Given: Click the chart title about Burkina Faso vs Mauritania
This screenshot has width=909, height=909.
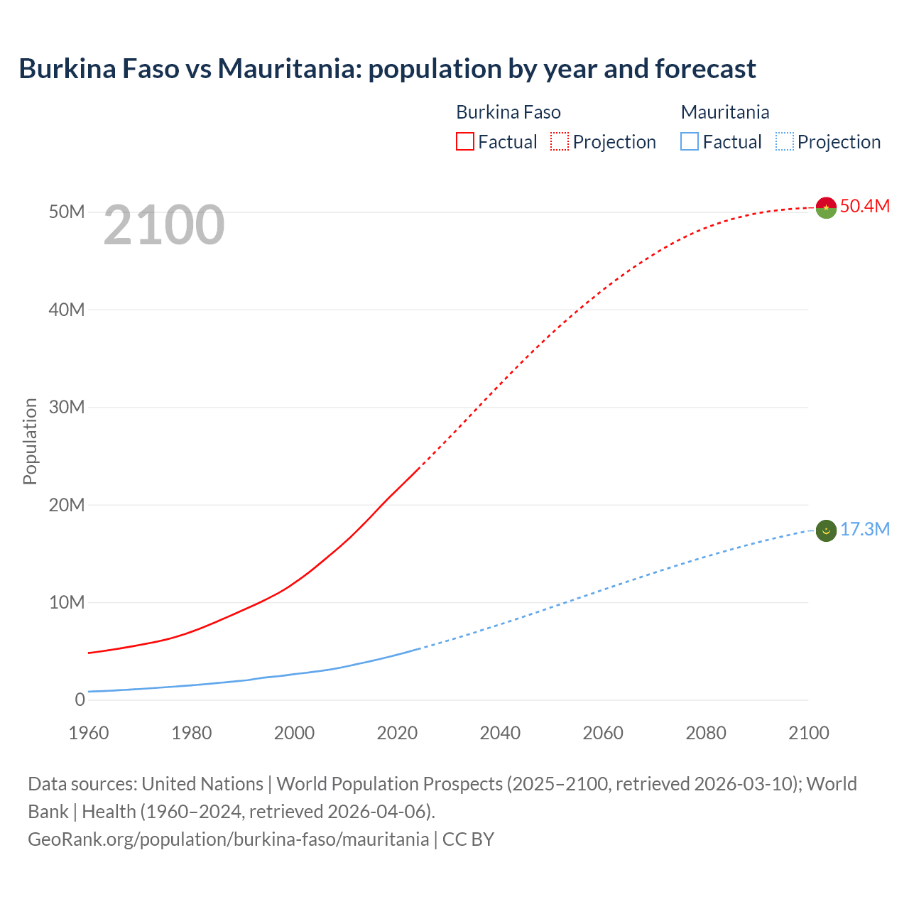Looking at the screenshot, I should pos(387,69).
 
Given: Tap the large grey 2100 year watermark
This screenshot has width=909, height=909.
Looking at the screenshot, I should pos(164,225).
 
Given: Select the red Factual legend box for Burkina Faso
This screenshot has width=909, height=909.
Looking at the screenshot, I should pos(464,141).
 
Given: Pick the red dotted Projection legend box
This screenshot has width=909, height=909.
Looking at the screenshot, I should pos(560,141).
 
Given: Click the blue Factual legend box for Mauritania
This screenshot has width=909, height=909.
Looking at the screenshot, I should pos(690,141).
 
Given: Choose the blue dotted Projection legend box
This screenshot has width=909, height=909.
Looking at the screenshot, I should pos(785,141).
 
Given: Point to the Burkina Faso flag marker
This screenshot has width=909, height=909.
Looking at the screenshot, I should pos(826,207).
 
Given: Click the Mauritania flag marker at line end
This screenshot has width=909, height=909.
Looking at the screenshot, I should pos(826,530).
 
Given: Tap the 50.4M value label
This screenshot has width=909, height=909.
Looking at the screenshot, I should pos(864,206).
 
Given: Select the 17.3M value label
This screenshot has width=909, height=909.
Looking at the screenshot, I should pos(864,529).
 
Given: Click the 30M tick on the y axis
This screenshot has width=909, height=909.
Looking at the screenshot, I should pos(67,407).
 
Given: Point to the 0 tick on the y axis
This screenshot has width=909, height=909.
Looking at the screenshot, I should pos(80,700).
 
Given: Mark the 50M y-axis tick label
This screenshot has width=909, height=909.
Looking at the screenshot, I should pos(67,212).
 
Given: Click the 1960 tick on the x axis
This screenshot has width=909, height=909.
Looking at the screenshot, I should pos(89,732).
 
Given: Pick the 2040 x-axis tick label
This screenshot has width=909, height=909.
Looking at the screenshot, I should pos(500,732).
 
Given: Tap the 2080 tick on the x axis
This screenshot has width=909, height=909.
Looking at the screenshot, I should pos(706,732).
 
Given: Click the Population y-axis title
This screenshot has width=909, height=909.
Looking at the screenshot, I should pos(30,441).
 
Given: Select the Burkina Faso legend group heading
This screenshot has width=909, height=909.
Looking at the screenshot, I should pos(508,112).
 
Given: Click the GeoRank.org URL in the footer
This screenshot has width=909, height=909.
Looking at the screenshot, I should pos(228,839).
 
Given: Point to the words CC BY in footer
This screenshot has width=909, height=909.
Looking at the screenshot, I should pos(468,839).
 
